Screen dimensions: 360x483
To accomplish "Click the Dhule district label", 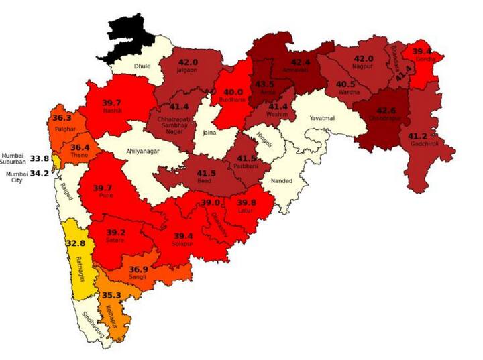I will (142, 67).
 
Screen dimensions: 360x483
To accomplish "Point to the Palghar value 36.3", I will (62, 117).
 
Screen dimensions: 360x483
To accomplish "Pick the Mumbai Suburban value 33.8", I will (41, 158).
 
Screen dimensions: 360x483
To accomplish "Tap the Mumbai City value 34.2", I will (40, 173).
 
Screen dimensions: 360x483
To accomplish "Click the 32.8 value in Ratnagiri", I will (75, 243).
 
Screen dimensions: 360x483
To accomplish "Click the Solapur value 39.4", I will (183, 236).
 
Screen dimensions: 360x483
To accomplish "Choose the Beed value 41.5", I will (206, 174).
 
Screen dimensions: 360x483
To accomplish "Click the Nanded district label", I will (282, 181).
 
